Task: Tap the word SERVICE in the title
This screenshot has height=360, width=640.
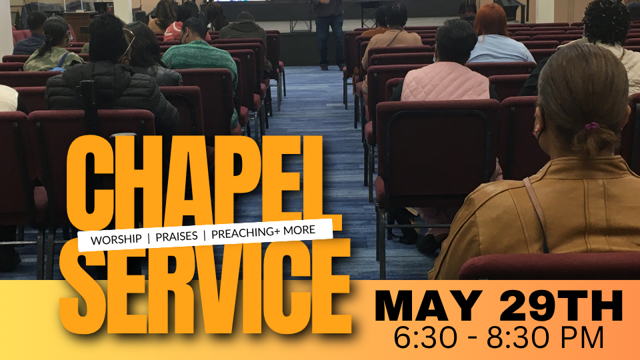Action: [x=205, y=287]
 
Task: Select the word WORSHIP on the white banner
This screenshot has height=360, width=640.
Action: [x=116, y=239]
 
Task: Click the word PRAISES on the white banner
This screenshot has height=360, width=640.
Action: [x=177, y=236]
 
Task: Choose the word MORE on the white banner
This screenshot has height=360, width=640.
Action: [x=299, y=230]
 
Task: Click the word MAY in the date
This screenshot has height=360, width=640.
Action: [x=428, y=306]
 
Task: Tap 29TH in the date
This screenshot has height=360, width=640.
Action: [x=561, y=306]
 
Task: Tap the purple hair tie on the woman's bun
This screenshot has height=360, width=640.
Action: [x=592, y=127]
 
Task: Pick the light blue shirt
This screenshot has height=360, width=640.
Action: [x=501, y=49]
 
